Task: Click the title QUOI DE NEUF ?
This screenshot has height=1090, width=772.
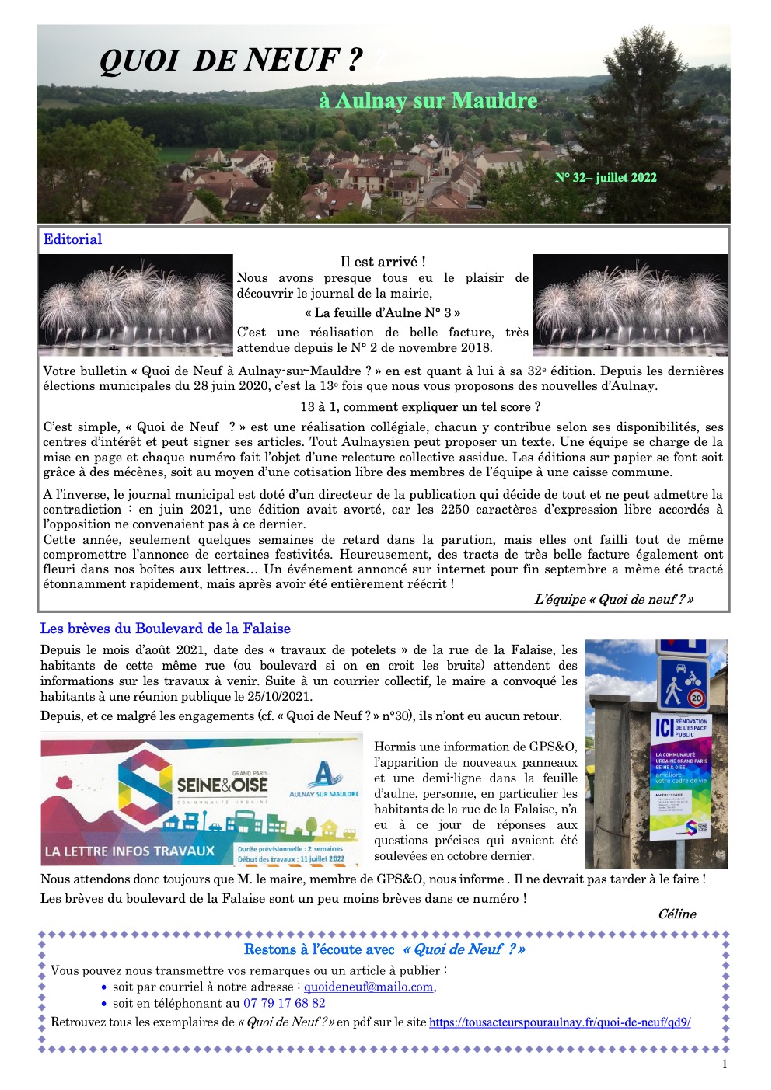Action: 231,61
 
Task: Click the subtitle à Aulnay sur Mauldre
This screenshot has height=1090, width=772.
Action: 428,101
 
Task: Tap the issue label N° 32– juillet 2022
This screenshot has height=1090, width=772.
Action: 606,178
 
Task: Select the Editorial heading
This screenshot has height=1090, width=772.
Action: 72,239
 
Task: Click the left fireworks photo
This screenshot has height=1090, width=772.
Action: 136,305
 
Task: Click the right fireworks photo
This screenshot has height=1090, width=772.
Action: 630,305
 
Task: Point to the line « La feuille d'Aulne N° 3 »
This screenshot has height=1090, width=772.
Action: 383,313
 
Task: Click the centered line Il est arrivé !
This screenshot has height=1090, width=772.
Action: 383,262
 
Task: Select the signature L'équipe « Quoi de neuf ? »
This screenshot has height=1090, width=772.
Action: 613,599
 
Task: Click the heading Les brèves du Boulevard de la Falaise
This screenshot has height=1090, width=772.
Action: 166,629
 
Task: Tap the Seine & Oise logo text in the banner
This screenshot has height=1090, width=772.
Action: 222,785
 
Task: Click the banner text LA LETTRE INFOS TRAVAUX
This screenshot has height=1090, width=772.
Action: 130,851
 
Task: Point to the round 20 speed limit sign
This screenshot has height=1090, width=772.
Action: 695,698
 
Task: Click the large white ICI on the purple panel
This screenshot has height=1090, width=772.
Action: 664,727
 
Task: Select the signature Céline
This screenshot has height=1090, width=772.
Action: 676,914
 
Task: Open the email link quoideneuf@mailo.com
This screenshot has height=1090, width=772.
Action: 369,987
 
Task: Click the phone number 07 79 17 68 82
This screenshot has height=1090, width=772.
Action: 285,1003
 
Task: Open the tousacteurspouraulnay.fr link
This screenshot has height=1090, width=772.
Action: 560,1022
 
